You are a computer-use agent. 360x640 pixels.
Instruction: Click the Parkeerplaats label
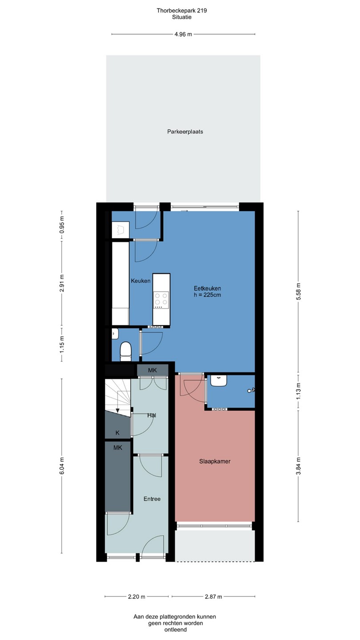click(185, 132)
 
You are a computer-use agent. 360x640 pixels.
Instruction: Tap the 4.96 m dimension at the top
click(183, 34)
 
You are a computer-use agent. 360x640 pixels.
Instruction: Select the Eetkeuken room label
click(207, 288)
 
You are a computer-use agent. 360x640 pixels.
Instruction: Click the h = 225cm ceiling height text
click(207, 295)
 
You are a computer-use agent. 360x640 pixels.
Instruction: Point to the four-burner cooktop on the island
click(161, 299)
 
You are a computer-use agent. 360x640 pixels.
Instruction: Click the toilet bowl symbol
click(125, 352)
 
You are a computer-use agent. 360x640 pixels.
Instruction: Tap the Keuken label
click(140, 281)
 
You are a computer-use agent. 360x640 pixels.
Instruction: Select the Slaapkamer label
click(215, 461)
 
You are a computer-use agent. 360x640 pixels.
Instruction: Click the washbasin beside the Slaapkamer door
click(219, 380)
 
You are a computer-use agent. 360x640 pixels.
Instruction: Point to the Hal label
click(152, 416)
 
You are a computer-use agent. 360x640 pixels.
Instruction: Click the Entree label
click(152, 499)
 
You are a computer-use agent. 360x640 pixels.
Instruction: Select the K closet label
click(117, 433)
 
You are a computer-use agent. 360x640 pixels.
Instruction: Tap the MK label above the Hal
click(152, 370)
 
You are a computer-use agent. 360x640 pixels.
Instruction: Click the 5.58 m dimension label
click(298, 292)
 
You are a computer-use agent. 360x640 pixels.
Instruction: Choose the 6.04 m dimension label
click(62, 466)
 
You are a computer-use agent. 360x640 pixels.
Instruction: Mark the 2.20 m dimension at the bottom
click(136, 596)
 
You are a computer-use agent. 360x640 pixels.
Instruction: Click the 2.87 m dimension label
click(213, 596)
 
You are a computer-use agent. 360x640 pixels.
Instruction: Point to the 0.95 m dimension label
click(62, 224)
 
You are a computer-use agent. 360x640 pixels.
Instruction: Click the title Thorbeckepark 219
click(182, 11)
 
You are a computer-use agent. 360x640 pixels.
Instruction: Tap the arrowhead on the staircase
click(117, 411)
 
